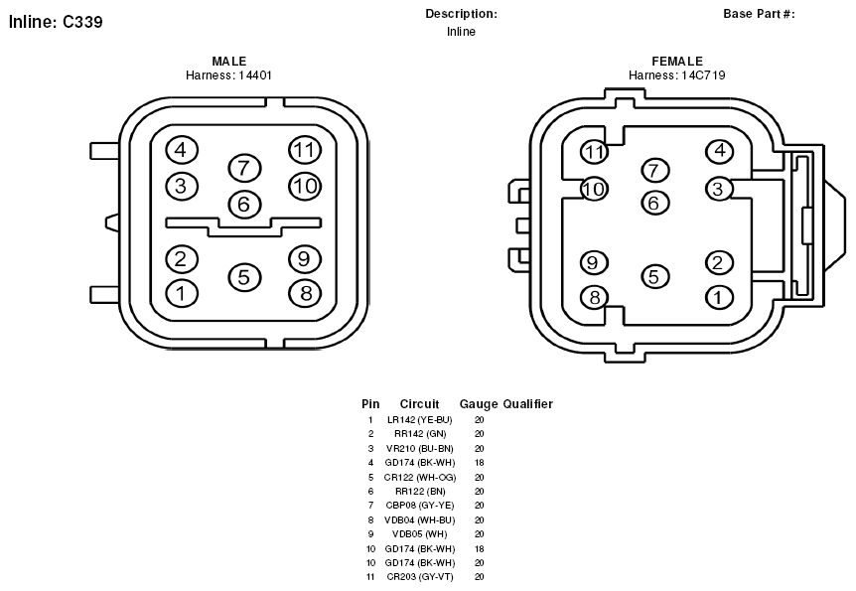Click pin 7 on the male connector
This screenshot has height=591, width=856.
coord(244,168)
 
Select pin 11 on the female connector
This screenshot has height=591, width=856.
coord(595,151)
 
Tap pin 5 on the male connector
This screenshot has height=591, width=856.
coord(244,276)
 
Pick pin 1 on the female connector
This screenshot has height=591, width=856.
coord(719,297)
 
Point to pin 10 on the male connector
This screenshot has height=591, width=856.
coord(305,187)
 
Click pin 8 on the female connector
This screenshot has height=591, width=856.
coord(595,297)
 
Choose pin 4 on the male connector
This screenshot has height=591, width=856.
coord(182,150)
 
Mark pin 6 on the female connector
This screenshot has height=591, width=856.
coord(654,204)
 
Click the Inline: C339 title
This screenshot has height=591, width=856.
coord(56,22)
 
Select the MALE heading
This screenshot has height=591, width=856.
coord(229,62)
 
